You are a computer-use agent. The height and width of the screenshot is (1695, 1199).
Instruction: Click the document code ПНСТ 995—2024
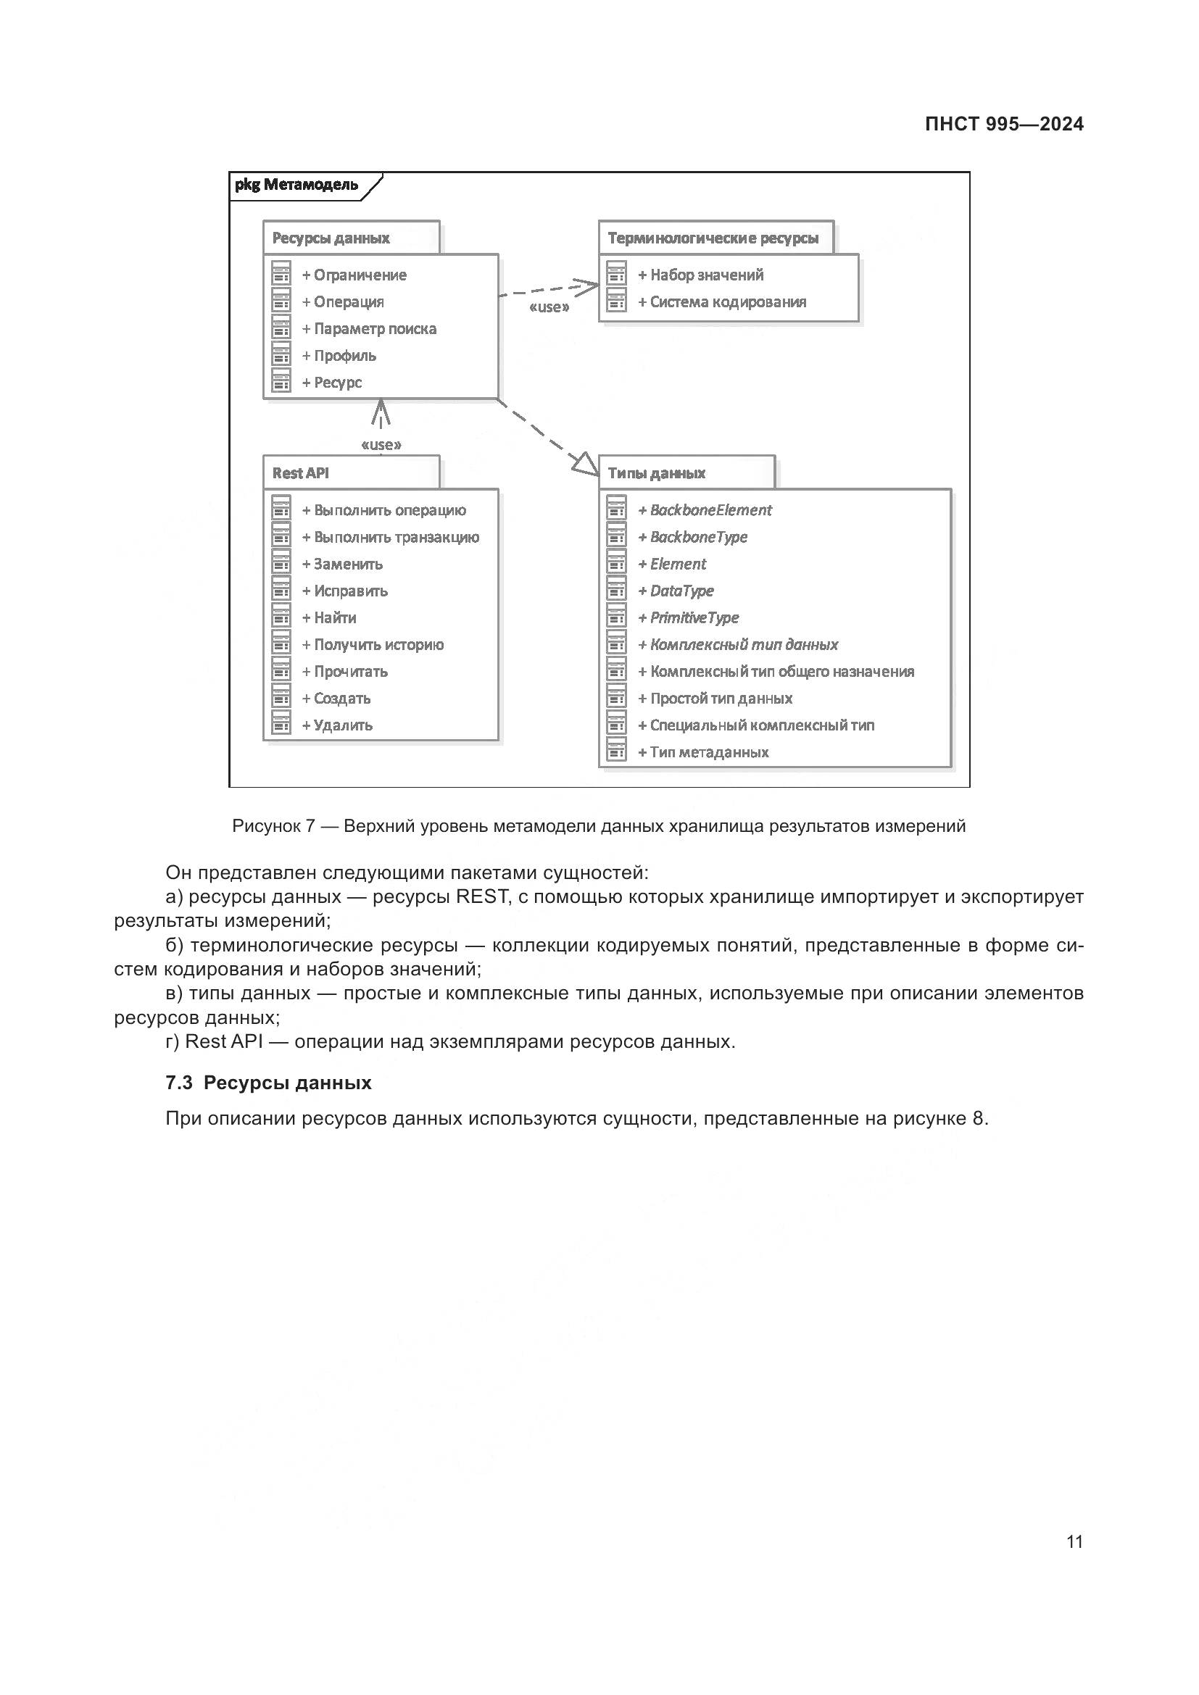click(x=1003, y=124)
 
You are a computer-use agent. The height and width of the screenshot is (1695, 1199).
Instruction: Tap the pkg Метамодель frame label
click(x=296, y=185)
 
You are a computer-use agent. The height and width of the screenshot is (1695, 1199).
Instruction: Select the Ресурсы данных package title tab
click(x=331, y=238)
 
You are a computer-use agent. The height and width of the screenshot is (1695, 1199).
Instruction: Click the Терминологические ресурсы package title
click(x=713, y=238)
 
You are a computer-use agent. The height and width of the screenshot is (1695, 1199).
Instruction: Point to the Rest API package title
click(x=301, y=472)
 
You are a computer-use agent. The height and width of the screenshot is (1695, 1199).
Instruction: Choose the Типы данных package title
click(x=656, y=472)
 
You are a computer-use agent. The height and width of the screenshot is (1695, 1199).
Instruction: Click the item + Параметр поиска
click(x=368, y=328)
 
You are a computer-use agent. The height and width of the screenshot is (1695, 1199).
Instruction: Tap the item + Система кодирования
click(x=721, y=301)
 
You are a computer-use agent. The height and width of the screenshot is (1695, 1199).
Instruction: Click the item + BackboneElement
click(x=705, y=509)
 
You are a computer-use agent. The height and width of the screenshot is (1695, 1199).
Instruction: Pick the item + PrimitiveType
click(x=688, y=617)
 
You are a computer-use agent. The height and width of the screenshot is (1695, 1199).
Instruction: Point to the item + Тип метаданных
click(x=703, y=751)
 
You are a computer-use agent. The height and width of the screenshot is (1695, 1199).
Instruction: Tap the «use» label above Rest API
click(x=381, y=444)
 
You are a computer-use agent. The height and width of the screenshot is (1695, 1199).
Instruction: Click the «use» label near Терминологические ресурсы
click(x=549, y=307)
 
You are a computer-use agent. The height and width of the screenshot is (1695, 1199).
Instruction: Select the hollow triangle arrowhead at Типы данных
click(x=586, y=464)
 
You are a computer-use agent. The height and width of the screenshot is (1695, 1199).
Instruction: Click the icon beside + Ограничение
click(x=281, y=274)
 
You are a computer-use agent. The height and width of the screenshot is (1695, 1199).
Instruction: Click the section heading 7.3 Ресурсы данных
click(x=268, y=1082)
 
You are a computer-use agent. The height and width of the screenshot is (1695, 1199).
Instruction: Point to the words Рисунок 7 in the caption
click(x=273, y=825)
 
